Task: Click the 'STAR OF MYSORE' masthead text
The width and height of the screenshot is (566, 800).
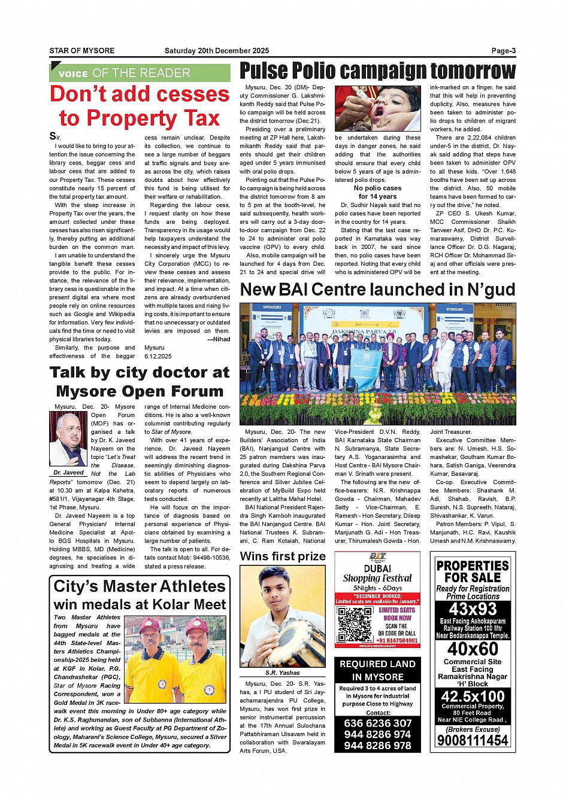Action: (x=82, y=51)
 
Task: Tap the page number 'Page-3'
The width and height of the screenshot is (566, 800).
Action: (x=503, y=51)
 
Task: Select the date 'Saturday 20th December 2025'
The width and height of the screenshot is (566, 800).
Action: (x=217, y=51)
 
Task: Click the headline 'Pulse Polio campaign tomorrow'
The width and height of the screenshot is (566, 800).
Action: (x=377, y=71)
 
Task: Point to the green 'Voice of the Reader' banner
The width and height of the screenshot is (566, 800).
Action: (x=140, y=73)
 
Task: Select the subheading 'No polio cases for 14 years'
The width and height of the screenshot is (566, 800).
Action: (x=377, y=192)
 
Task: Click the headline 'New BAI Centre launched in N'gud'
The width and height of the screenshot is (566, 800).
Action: (x=377, y=290)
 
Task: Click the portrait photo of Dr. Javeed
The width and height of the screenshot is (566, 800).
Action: (x=68, y=440)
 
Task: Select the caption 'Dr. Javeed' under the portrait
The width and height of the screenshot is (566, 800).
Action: (x=68, y=473)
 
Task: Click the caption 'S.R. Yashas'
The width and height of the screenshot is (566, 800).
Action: (x=283, y=673)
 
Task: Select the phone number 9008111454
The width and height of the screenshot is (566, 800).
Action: (x=473, y=740)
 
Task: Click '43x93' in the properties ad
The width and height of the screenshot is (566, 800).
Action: (x=473, y=609)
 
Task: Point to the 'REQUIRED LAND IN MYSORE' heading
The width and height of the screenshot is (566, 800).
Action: (x=377, y=670)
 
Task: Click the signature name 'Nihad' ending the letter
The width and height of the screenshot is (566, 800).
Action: (x=222, y=339)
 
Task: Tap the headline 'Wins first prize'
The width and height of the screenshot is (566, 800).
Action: (x=283, y=556)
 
